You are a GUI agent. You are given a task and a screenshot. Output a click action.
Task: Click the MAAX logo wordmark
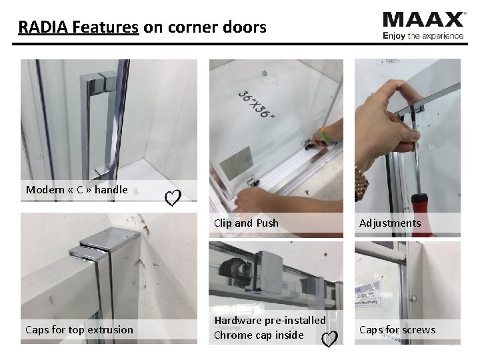click(x=424, y=20)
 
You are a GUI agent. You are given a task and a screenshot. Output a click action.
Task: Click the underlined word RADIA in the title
click(x=43, y=27)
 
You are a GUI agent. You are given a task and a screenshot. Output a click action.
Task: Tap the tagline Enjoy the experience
click(x=423, y=36)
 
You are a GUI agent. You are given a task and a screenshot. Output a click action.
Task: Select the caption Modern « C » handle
click(x=77, y=190)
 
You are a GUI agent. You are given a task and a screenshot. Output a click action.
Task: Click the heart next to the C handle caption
click(x=173, y=198)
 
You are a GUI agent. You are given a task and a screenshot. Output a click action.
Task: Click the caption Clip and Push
click(x=246, y=223)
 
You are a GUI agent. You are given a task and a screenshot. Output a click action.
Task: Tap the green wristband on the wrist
click(x=325, y=136)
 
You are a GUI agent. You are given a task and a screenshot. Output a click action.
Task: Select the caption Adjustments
click(x=390, y=223)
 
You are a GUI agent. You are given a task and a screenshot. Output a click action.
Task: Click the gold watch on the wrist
click(x=361, y=183)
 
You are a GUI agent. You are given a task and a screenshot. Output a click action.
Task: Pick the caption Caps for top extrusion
click(x=79, y=330)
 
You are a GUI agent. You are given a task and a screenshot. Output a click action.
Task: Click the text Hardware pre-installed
click(x=270, y=321)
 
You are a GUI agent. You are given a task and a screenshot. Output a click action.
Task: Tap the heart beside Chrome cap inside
click(x=330, y=339)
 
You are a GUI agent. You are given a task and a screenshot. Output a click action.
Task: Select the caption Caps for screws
click(x=397, y=330)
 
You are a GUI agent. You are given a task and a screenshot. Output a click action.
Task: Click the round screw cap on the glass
click(x=413, y=298)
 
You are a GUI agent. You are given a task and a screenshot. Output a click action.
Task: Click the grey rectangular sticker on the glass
click(x=237, y=163)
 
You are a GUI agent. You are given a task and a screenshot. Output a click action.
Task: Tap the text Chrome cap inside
click(x=259, y=335)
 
